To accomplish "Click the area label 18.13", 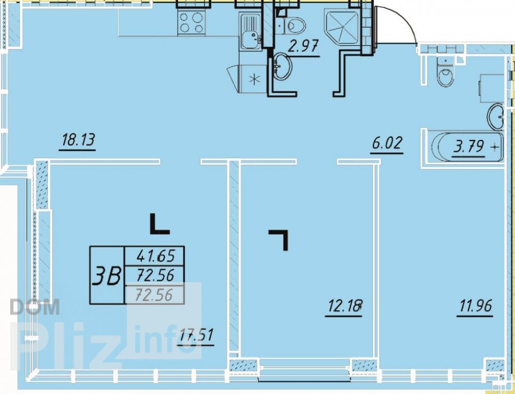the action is (x=78, y=141).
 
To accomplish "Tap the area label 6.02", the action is (x=386, y=144).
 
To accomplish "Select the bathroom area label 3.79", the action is (x=469, y=147).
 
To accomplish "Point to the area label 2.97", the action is (x=303, y=46).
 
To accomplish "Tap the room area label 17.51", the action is (x=196, y=336).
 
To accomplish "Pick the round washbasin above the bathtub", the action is (x=496, y=117).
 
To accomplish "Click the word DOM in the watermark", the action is (x=35, y=307).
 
